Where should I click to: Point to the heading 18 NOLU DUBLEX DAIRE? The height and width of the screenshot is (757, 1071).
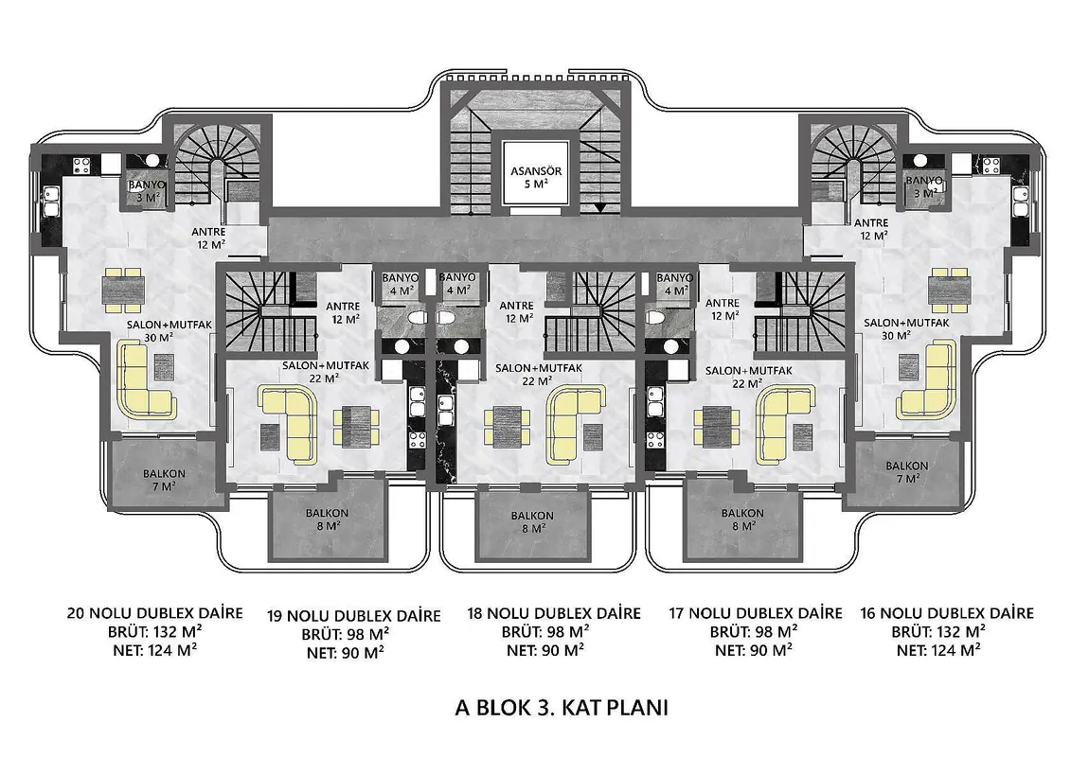[554, 613]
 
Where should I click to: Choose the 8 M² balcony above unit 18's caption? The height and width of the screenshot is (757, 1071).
[531, 522]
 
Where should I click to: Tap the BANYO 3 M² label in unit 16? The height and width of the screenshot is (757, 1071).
[923, 186]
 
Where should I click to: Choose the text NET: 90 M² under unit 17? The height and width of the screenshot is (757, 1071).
[754, 650]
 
